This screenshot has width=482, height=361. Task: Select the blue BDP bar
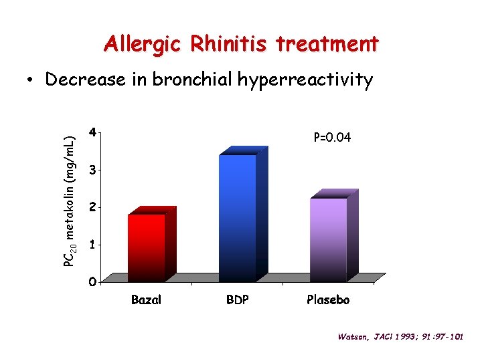238,217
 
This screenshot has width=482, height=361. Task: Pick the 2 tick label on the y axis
92,207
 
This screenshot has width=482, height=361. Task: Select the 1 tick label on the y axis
92,245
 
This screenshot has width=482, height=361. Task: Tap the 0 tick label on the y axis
92,281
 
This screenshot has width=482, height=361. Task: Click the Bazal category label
146,299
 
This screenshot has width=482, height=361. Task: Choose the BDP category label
237,299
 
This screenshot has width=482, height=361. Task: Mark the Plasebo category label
328,299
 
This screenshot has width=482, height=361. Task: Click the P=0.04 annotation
332,138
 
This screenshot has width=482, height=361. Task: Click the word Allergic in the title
142,45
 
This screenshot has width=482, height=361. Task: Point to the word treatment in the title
327,45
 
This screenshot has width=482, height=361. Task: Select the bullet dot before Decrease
31,81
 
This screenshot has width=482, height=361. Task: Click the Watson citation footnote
400,336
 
